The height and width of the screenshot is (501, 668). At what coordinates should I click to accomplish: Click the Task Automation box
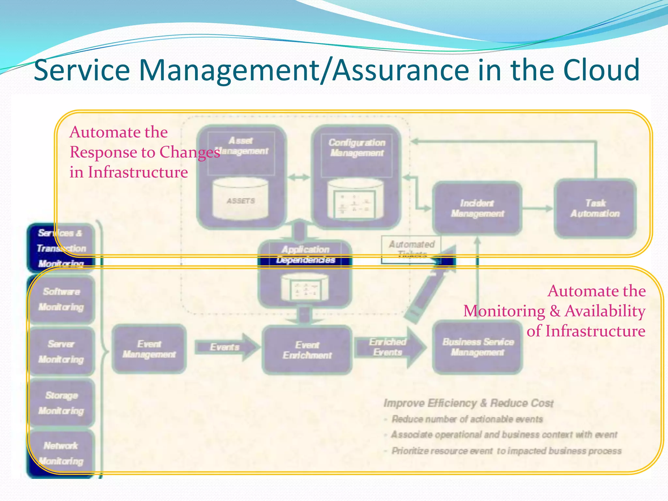point(595,208)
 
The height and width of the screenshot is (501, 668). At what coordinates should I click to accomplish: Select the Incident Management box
point(477,208)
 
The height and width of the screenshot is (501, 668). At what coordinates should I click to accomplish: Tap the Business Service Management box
point(478,347)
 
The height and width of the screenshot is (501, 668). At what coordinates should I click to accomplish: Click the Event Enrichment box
point(307,350)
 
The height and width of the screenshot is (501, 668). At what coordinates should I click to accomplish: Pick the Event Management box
point(149,349)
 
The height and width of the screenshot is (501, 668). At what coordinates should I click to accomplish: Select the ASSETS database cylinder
point(240,199)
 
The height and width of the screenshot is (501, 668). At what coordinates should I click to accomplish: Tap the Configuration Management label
point(357,148)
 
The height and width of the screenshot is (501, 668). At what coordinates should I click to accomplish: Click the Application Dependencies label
point(306,255)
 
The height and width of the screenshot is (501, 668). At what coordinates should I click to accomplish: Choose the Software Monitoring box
point(61,299)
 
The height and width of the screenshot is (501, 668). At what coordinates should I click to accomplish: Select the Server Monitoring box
point(61,352)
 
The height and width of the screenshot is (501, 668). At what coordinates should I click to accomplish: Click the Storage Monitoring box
point(61,403)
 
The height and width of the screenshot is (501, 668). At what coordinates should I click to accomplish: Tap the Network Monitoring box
point(61,453)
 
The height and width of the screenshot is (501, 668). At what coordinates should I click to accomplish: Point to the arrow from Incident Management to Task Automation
point(538,208)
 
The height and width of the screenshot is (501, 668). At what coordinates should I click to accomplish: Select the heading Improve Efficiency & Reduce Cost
point(468,403)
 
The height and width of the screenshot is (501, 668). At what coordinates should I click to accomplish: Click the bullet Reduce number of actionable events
point(467,419)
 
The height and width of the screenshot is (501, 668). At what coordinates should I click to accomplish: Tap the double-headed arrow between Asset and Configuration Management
point(299,177)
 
